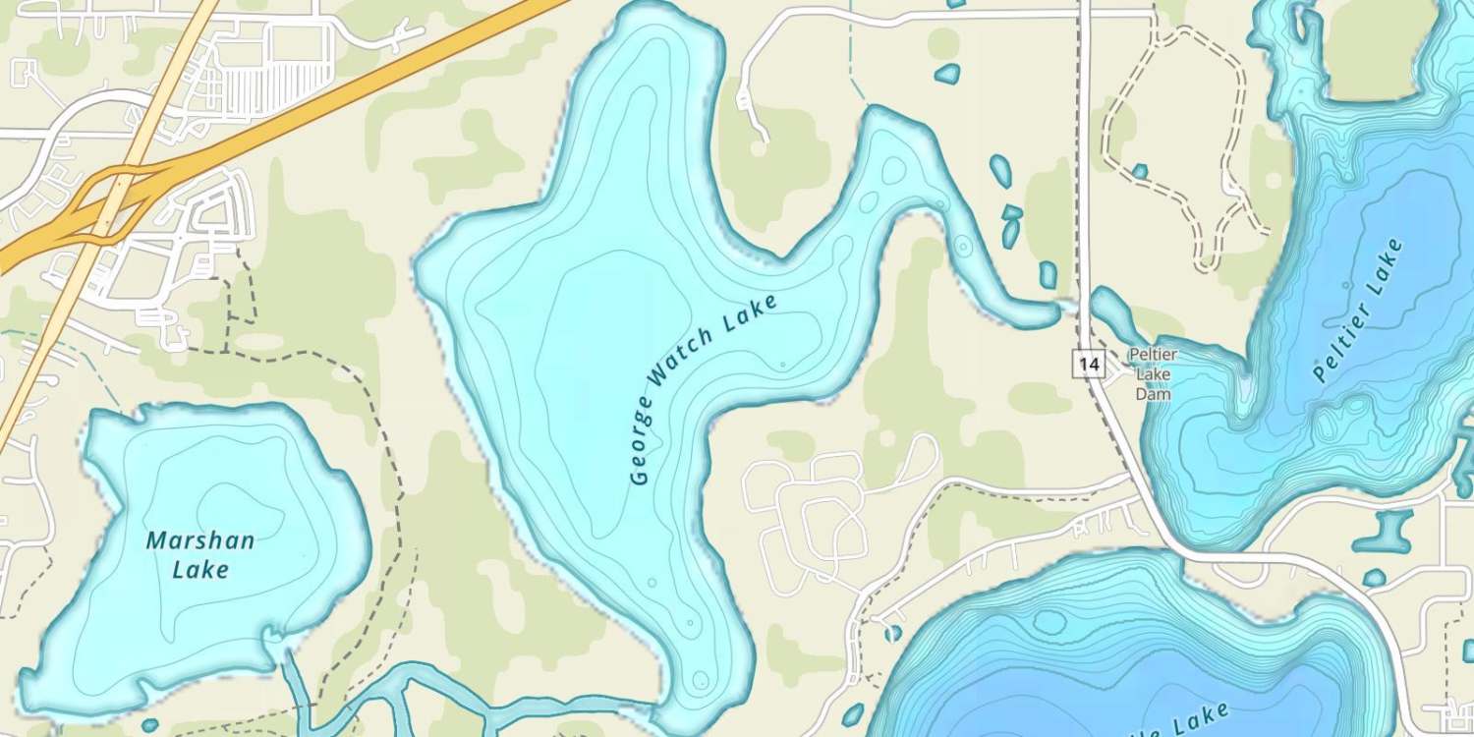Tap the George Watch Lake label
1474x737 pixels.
704,388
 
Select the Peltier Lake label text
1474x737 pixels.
1359,310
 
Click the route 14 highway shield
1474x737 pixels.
1088,365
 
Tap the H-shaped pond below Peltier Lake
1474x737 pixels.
1384,530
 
